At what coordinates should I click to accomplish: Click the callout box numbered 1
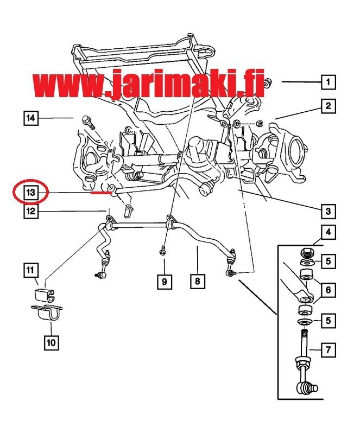coord(329,82)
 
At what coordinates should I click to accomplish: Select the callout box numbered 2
coord(329,106)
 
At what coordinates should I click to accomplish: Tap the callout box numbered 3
coord(329,211)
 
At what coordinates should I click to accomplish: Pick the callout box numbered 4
coord(329,232)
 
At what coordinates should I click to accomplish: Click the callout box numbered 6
coord(329,290)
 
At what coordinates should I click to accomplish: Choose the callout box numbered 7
coord(329,350)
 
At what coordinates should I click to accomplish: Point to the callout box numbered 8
coord(198,281)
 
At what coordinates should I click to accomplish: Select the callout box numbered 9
coord(165,282)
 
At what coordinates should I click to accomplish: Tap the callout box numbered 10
coord(52,342)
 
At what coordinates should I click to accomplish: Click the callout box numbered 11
coord(30,270)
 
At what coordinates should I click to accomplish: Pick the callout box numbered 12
coord(30,211)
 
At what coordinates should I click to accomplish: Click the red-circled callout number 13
coord(30,193)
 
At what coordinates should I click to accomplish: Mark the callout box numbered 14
coord(30,118)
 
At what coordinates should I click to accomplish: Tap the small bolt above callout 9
coord(162,251)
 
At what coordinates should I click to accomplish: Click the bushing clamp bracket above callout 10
coord(47,312)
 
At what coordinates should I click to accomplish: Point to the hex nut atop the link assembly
coord(306,253)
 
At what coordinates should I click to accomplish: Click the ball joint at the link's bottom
coord(307,388)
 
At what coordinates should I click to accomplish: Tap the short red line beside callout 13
coord(102,192)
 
